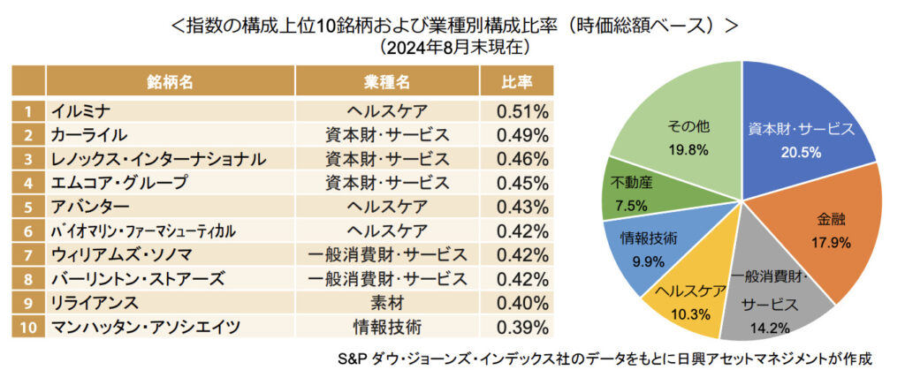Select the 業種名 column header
(x=387, y=81)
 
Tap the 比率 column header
(x=518, y=81)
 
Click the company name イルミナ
(x=80, y=111)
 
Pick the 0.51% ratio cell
(x=522, y=111)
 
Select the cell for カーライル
(x=89, y=135)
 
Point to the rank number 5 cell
(x=29, y=207)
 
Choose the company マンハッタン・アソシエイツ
(x=146, y=327)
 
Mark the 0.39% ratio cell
(x=522, y=327)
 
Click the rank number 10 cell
(x=29, y=327)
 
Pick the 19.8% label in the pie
(x=688, y=149)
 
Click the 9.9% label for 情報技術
(x=648, y=261)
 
